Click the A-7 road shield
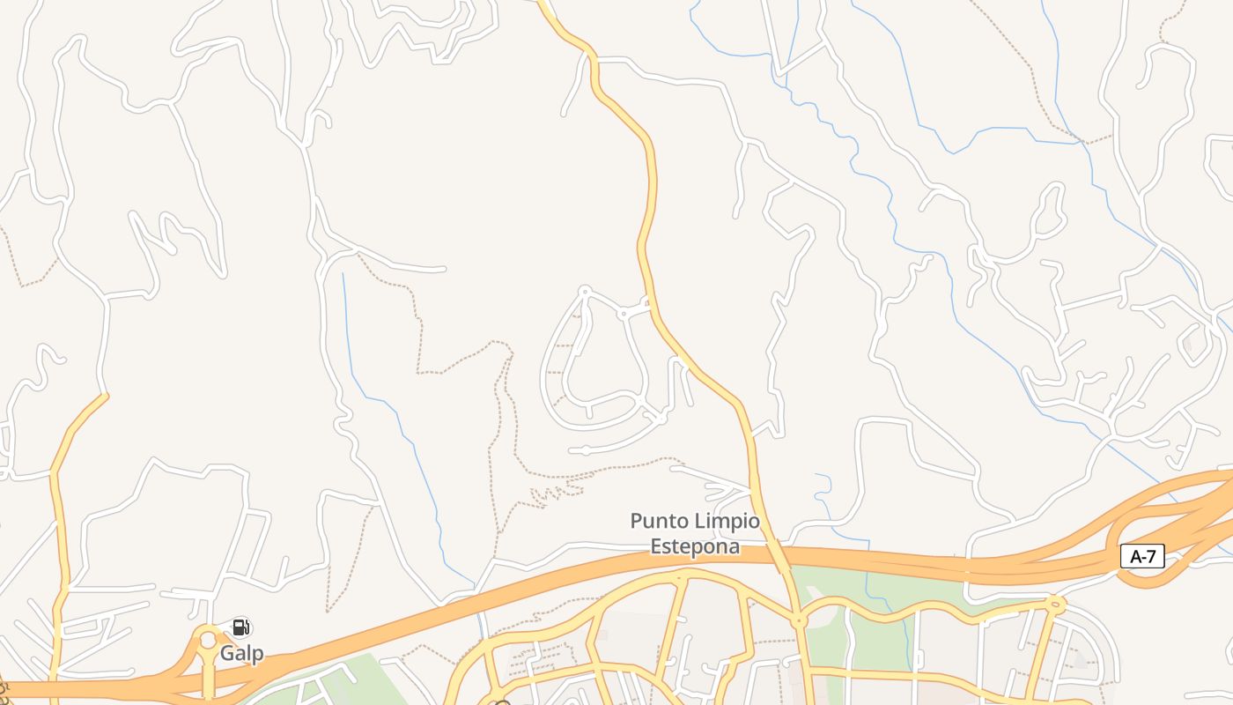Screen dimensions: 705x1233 point(1142,556)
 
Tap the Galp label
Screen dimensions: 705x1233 point(241,654)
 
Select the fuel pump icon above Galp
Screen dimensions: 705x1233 point(241,627)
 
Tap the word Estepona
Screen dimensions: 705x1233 point(695,546)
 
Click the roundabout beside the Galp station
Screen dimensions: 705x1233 point(208,641)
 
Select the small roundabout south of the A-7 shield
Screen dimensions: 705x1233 point(1056,604)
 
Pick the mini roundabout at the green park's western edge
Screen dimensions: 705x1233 point(799,621)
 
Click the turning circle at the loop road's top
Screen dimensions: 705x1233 point(584,290)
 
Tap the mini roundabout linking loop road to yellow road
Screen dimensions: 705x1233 point(623,313)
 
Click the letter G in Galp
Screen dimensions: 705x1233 point(226,654)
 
